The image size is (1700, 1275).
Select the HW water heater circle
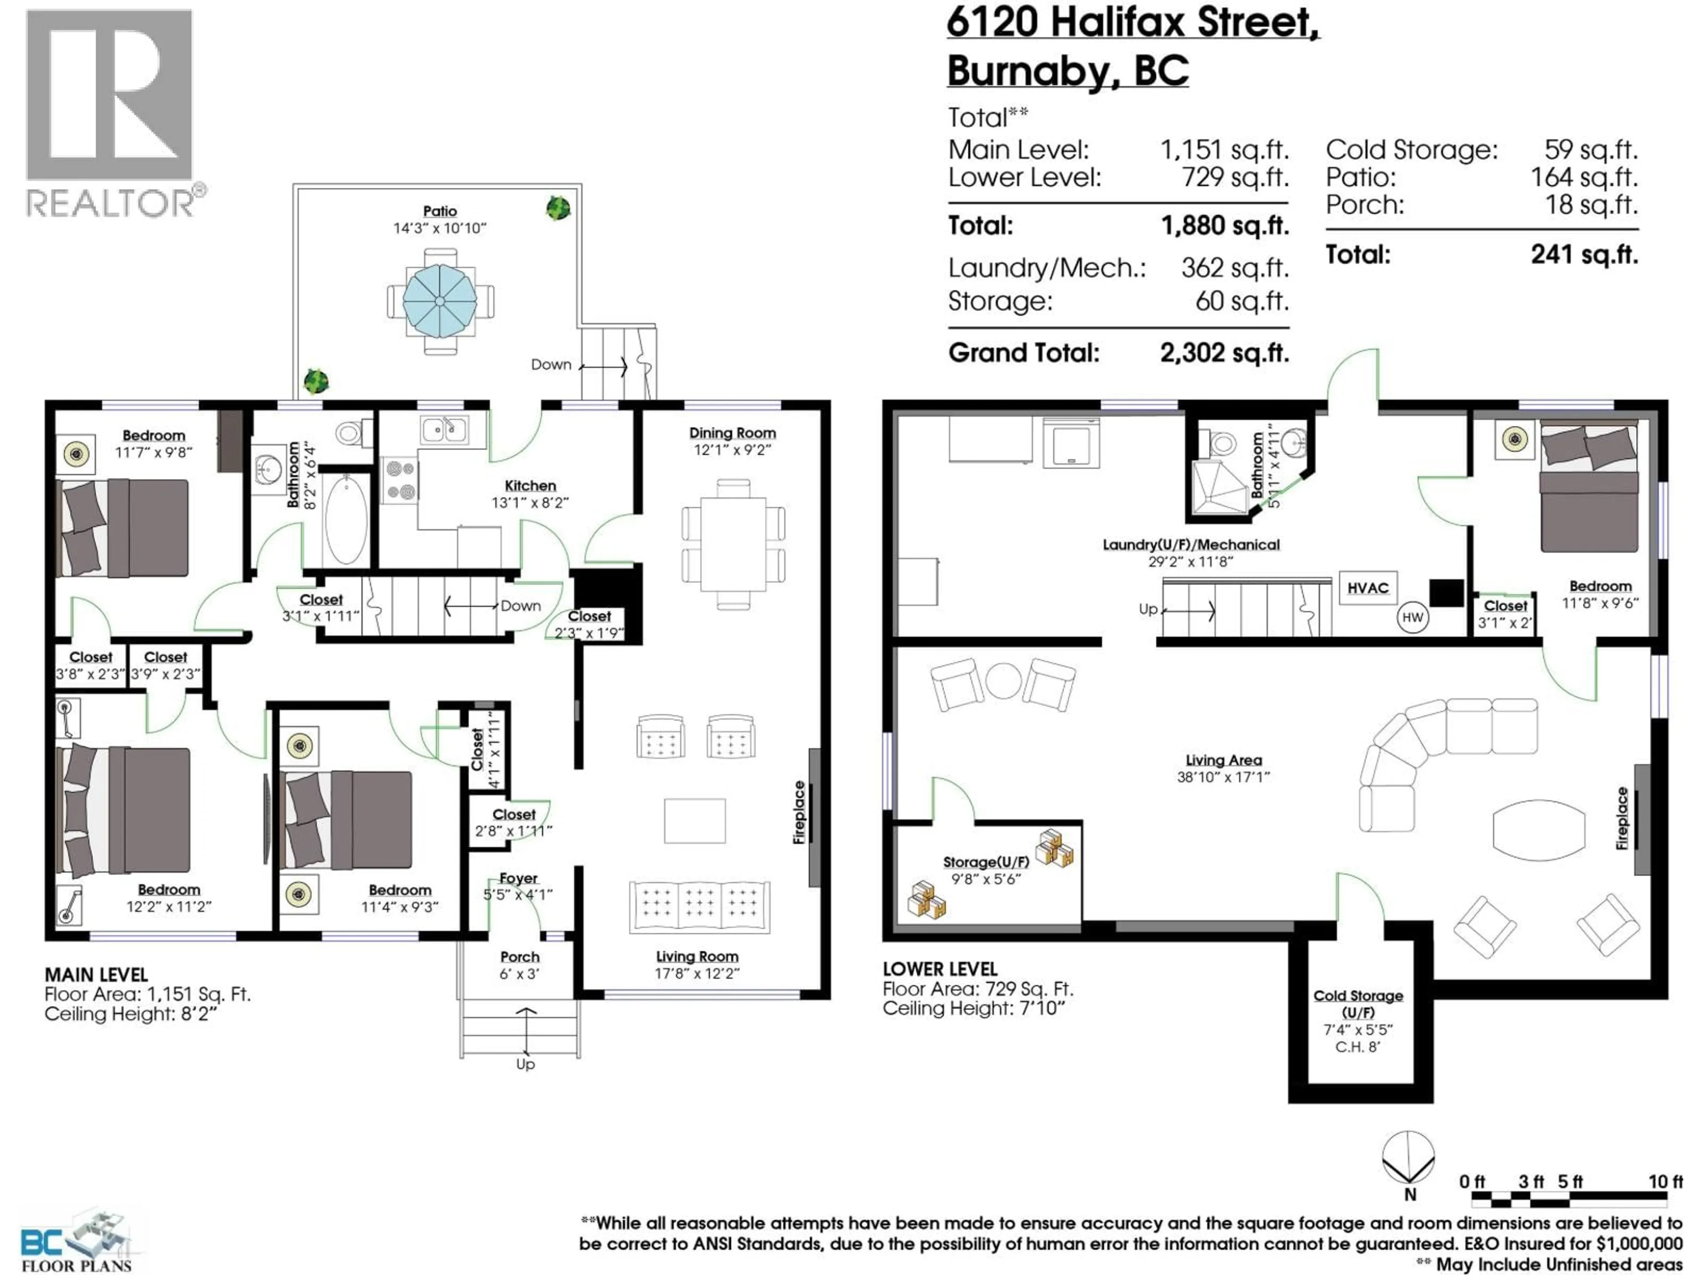(x=1412, y=617)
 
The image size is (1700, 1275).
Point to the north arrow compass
(x=1408, y=1157)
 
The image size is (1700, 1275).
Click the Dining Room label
(x=732, y=433)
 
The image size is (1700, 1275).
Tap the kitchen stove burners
(x=400, y=480)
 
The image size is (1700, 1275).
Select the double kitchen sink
(x=444, y=429)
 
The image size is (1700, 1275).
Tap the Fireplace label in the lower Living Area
(x=1622, y=819)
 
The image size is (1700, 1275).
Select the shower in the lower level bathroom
(x=1219, y=487)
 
